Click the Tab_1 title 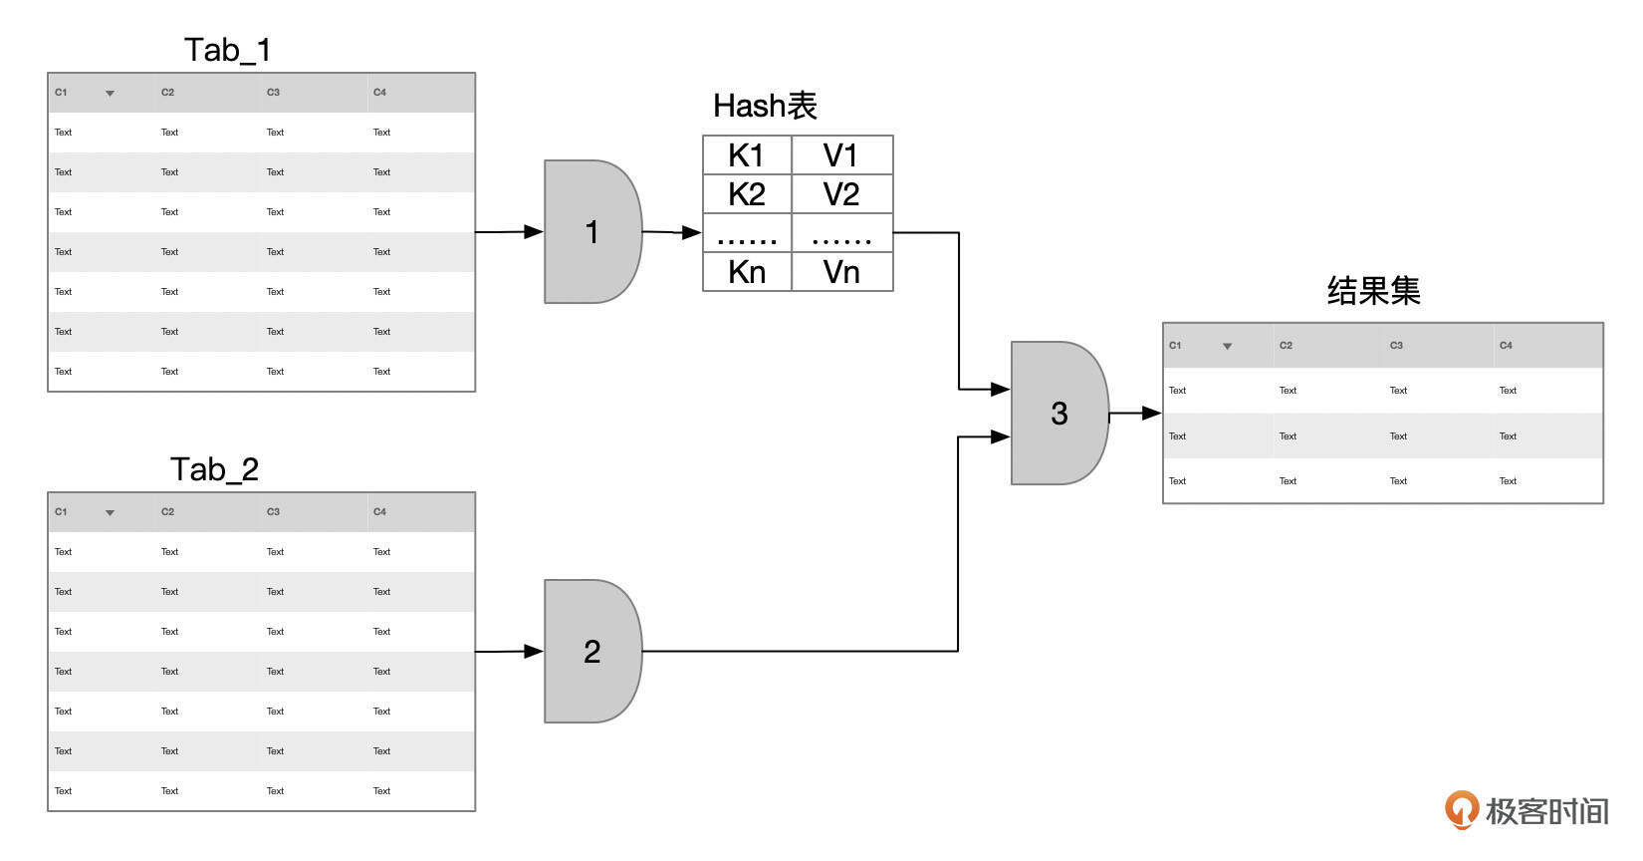tap(227, 50)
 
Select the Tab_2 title tap(214, 469)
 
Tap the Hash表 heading tap(765, 106)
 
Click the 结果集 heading tap(1373, 291)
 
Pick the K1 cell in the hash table tap(746, 155)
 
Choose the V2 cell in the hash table tap(841, 194)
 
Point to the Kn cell tap(746, 272)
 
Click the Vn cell tap(841, 272)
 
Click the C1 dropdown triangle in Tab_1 tap(110, 94)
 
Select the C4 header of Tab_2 tap(379, 512)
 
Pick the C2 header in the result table tap(1286, 346)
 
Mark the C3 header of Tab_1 tap(273, 93)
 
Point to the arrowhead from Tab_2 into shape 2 tap(534, 652)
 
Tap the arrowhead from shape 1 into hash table tap(691, 232)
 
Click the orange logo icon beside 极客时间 tap(1461, 809)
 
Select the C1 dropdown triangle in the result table tap(1227, 347)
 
